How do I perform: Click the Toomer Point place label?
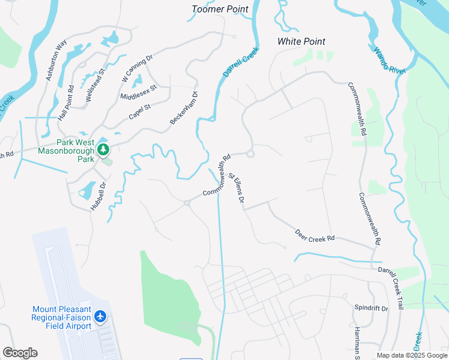(220, 9)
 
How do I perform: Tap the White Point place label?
(301, 41)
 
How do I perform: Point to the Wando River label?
(390, 61)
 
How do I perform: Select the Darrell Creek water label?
(241, 62)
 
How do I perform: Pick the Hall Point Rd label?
(66, 103)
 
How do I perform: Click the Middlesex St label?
(138, 92)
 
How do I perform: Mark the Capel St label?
(139, 112)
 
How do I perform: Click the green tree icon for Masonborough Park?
(104, 149)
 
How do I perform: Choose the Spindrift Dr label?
(372, 308)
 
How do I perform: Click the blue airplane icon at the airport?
(100, 316)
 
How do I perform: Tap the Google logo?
(20, 353)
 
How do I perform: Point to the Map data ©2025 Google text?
(412, 355)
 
